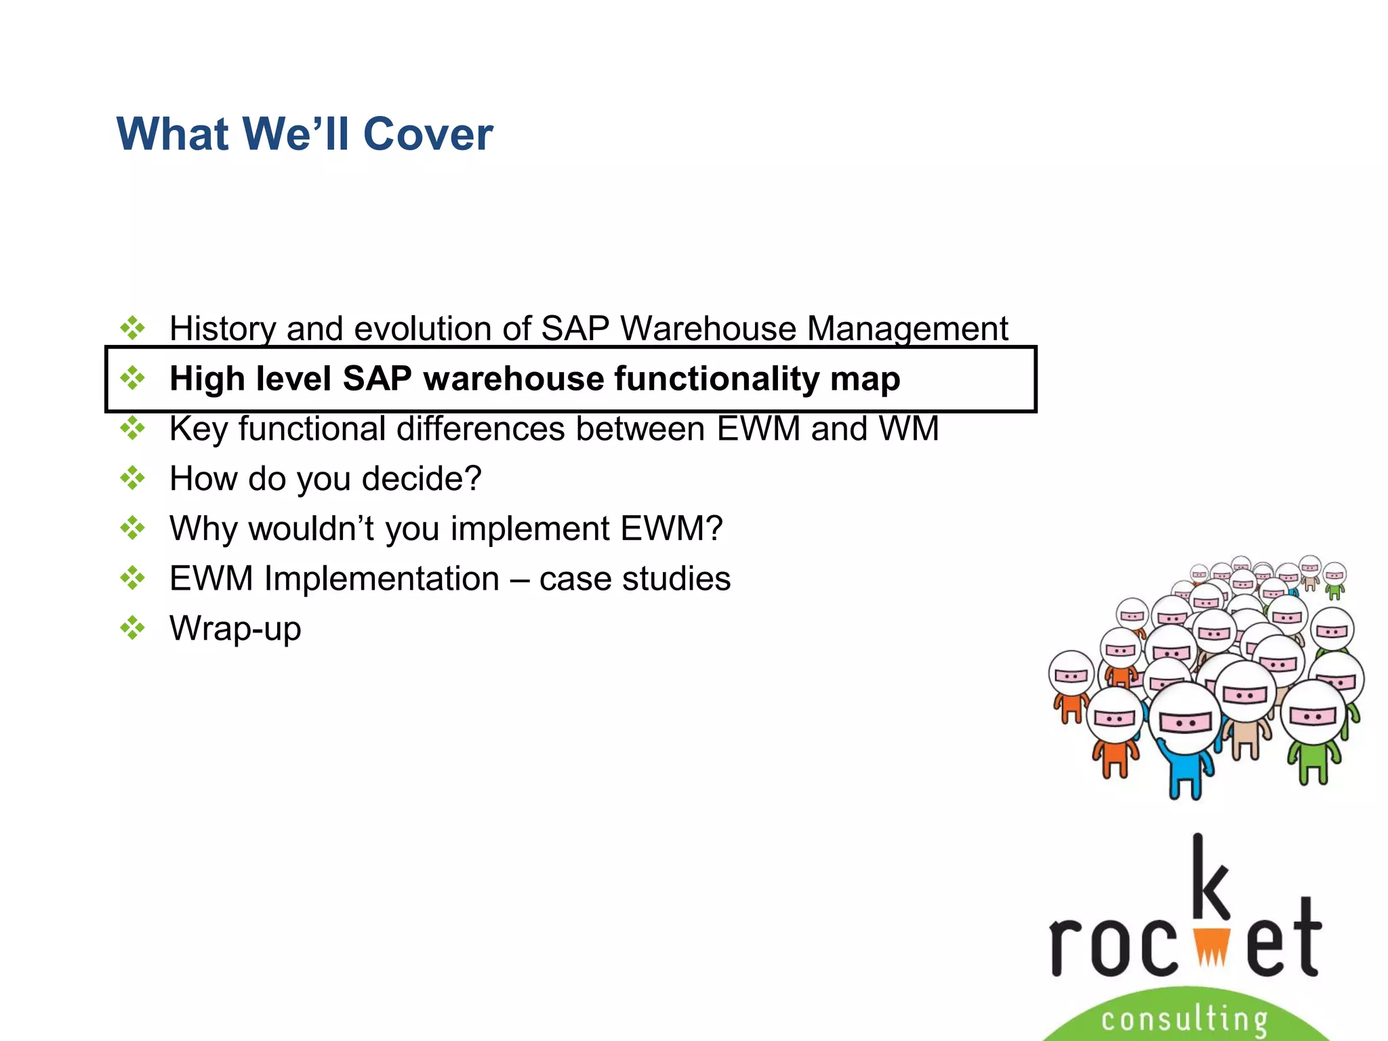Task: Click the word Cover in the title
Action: coord(428,134)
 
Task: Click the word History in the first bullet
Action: coord(222,329)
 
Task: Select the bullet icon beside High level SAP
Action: coord(133,378)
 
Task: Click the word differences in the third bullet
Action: coord(481,429)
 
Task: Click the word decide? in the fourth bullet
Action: coord(422,479)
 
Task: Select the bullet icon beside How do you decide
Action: coord(133,478)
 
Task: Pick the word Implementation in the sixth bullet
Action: coord(382,579)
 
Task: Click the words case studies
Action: coord(635,579)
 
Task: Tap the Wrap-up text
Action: coord(235,629)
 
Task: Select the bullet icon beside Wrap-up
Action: coord(133,628)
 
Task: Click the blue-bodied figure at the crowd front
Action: coord(1186,752)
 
